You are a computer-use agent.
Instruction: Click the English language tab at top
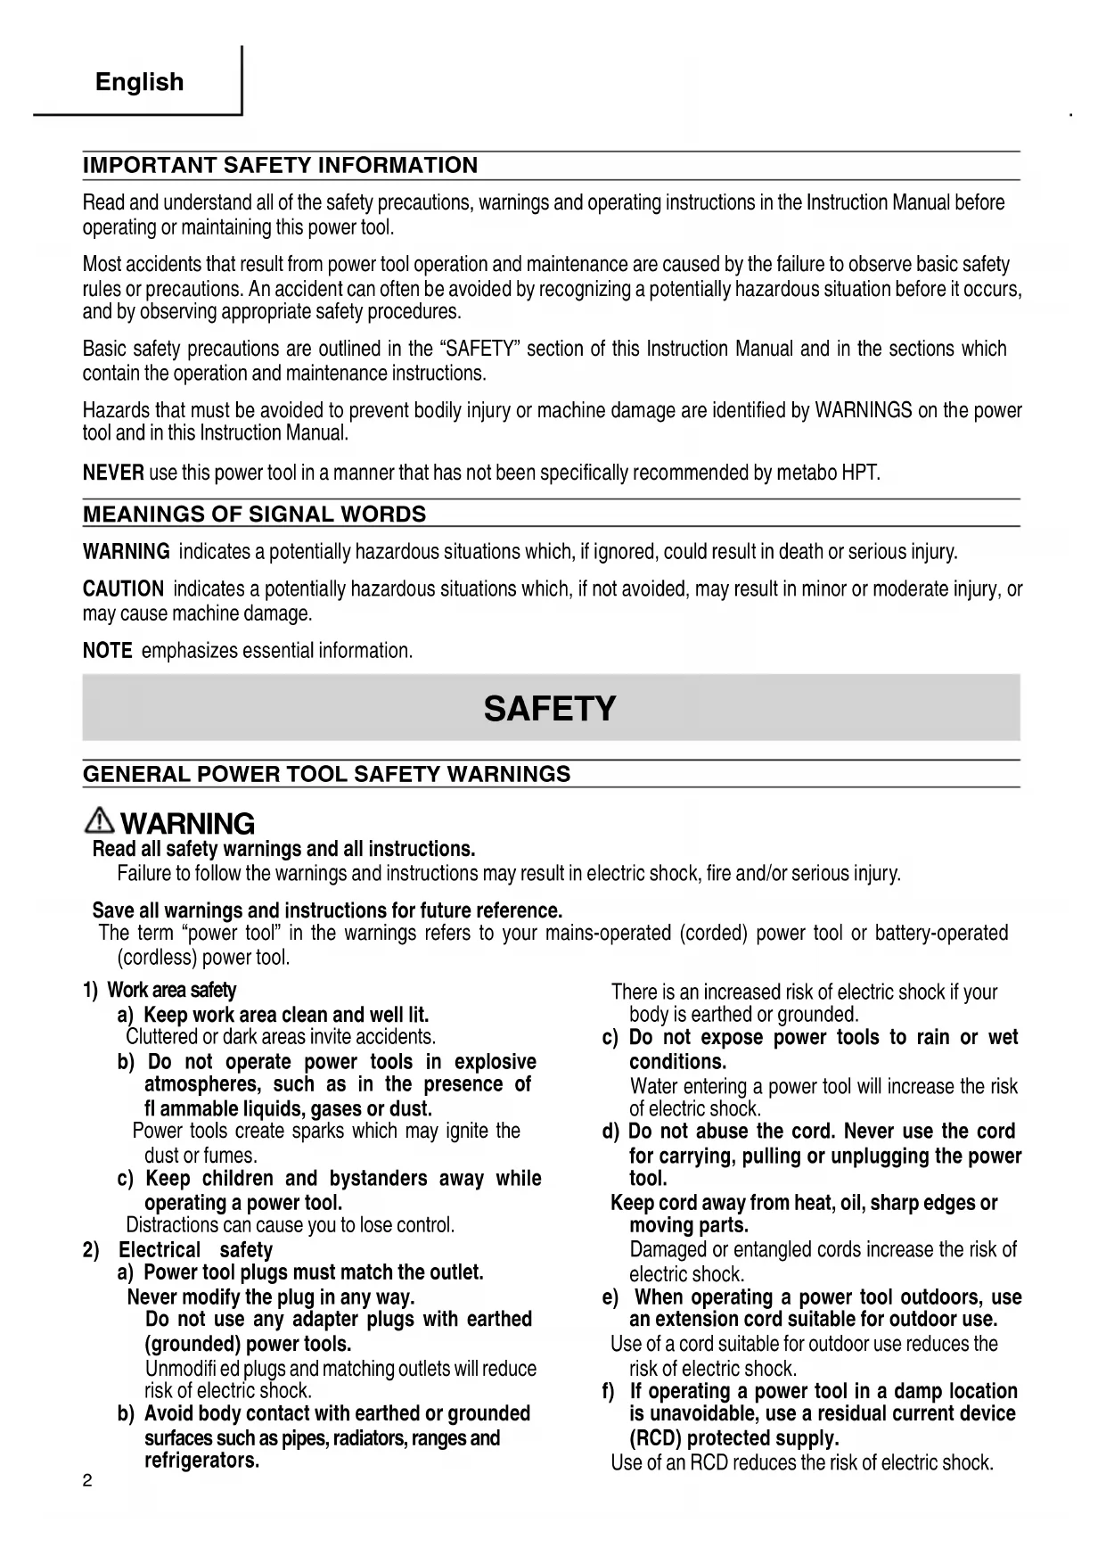click(x=139, y=82)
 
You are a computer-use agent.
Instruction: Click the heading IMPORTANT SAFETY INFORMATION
click(x=280, y=165)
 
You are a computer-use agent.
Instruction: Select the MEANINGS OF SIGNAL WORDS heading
click(x=254, y=514)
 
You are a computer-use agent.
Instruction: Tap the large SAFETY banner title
click(x=550, y=709)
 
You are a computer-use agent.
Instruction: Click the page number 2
click(x=86, y=1482)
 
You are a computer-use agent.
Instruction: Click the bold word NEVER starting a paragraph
click(x=113, y=473)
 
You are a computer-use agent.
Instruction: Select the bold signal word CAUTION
click(x=123, y=589)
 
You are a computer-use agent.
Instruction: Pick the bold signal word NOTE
click(x=107, y=651)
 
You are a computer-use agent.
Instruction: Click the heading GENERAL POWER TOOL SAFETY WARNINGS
click(x=326, y=773)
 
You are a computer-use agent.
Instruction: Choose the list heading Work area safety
click(x=171, y=990)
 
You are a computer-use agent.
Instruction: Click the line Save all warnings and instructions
click(x=327, y=910)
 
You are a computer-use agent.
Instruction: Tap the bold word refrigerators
click(x=201, y=1461)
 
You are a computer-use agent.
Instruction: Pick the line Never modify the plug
click(x=270, y=1296)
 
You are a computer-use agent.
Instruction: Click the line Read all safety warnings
click(x=283, y=848)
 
